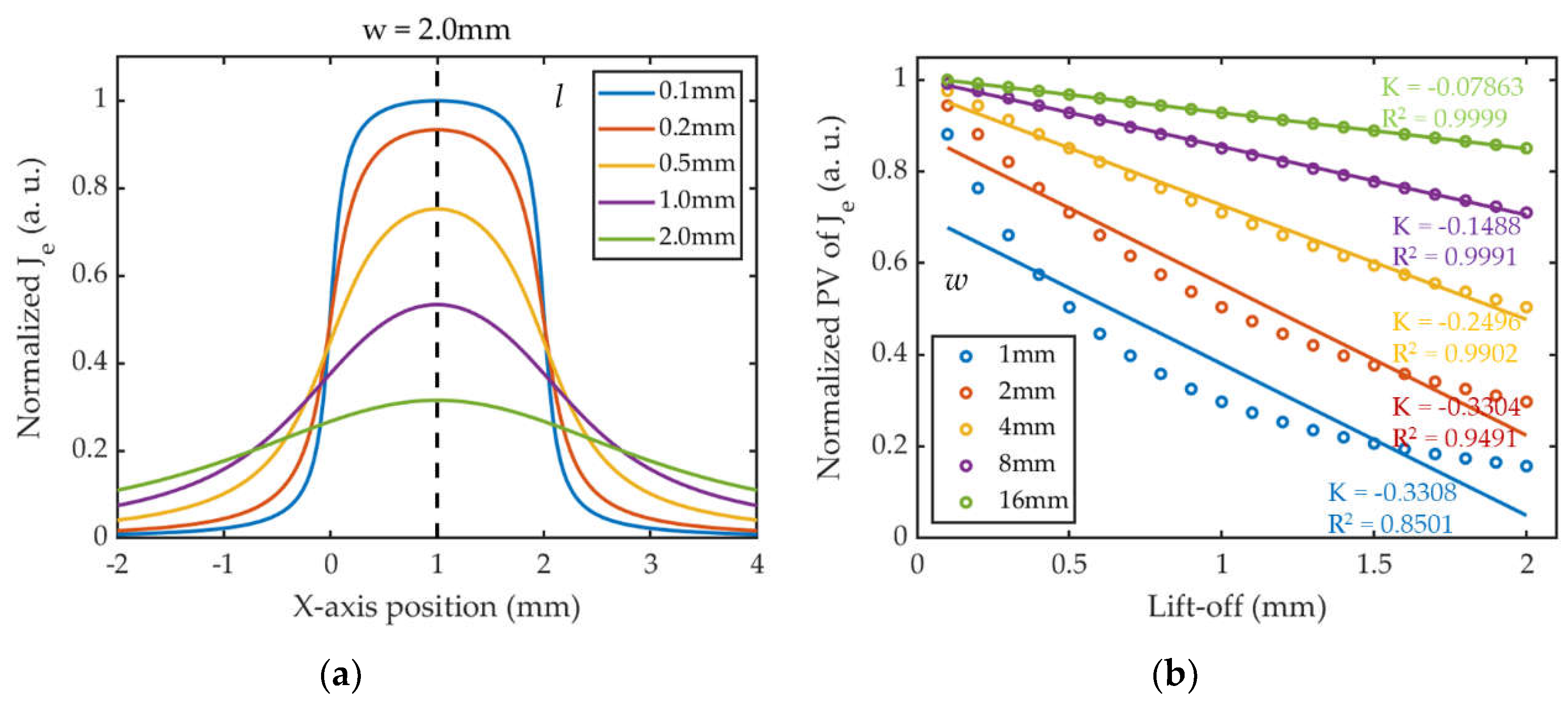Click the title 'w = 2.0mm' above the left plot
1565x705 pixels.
[x=436, y=30]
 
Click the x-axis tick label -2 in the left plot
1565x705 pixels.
[x=117, y=564]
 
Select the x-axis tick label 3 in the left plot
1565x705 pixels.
[x=651, y=564]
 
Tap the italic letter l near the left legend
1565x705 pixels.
[x=558, y=96]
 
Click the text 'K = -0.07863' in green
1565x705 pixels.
[x=1452, y=87]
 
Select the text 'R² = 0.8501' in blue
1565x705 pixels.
[x=1390, y=524]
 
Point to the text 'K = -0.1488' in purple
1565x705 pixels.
[x=1456, y=227]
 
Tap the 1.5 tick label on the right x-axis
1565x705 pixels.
[x=1373, y=564]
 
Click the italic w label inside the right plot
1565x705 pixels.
[x=955, y=281]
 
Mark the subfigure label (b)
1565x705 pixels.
[x=1174, y=675]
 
